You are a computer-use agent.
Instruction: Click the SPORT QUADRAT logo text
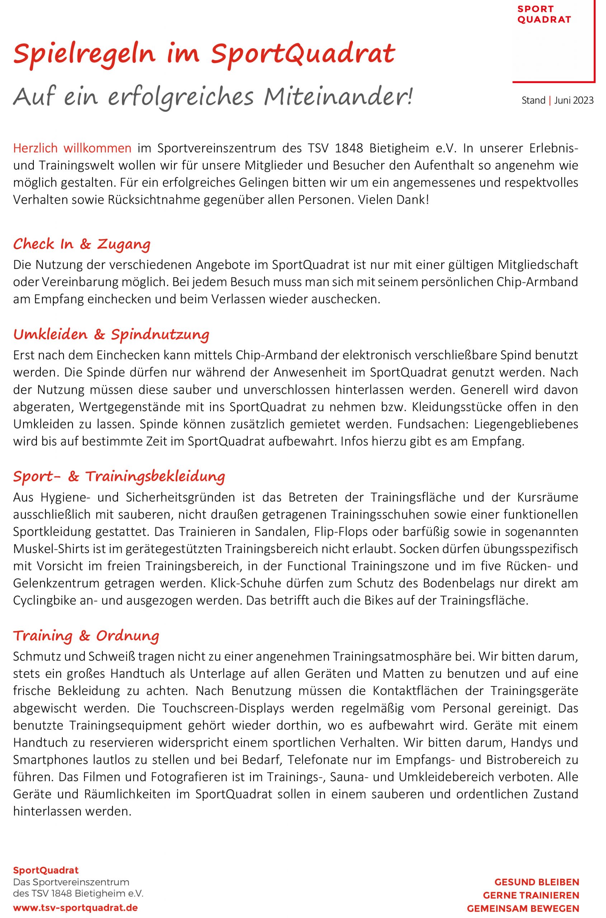(x=544, y=14)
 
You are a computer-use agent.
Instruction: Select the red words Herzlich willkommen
(x=72, y=148)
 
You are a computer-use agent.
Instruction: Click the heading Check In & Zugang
(x=81, y=244)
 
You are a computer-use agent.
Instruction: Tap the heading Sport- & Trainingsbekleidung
(x=119, y=476)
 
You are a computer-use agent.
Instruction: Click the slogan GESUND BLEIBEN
(x=536, y=882)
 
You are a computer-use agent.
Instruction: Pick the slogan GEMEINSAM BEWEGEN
(x=523, y=908)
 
